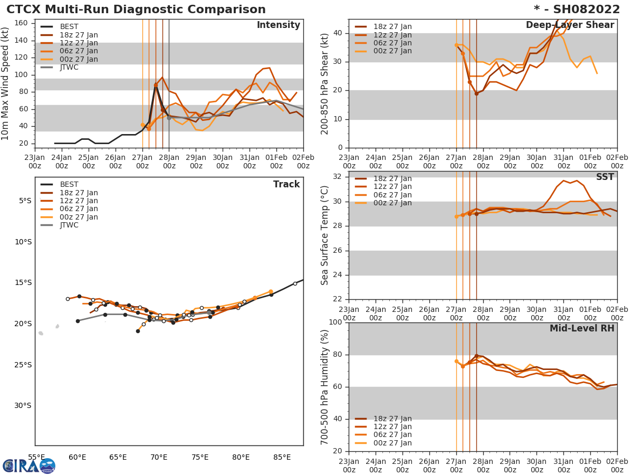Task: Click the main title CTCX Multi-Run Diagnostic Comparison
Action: pyautogui.click(x=136, y=9)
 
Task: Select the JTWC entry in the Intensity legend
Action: pyautogui.click(x=69, y=67)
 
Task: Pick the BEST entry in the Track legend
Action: pyautogui.click(x=69, y=184)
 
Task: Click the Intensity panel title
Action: pyautogui.click(x=278, y=25)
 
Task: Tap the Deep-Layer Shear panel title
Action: pyautogui.click(x=570, y=25)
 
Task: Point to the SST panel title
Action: pyautogui.click(x=605, y=177)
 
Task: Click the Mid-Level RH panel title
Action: pyautogui.click(x=582, y=328)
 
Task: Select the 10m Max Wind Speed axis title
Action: pyautogui.click(x=6, y=82)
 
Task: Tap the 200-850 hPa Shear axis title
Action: pyautogui.click(x=325, y=83)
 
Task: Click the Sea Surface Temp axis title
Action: pyautogui.click(x=325, y=235)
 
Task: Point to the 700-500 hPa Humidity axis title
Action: pyautogui.click(x=325, y=387)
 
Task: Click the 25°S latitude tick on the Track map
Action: pyautogui.click(x=25, y=365)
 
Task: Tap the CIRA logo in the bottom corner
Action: pyautogui.click(x=28, y=466)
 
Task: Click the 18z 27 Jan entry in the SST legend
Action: pyautogui.click(x=392, y=178)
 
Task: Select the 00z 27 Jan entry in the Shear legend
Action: pyautogui.click(x=392, y=51)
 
